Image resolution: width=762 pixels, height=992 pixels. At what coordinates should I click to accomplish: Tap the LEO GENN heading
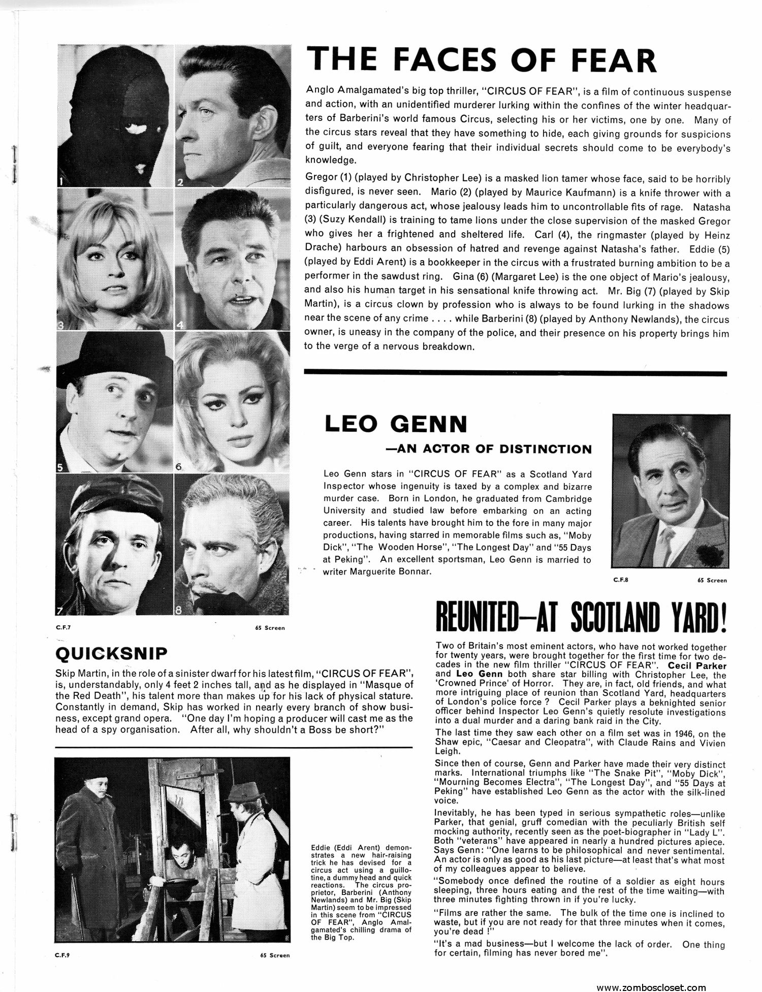[x=396, y=424]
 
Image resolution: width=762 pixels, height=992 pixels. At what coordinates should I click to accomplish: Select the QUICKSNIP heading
[x=111, y=653]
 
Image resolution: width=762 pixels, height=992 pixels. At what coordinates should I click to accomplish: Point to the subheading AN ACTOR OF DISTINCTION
[x=494, y=449]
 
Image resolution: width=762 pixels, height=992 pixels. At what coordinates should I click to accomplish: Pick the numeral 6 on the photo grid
[x=179, y=466]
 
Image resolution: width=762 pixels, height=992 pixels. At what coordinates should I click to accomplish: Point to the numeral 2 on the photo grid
[x=180, y=181]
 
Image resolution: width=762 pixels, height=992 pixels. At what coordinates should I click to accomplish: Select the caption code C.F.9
[x=62, y=955]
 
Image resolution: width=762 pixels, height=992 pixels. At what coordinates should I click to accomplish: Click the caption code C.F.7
[x=63, y=627]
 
